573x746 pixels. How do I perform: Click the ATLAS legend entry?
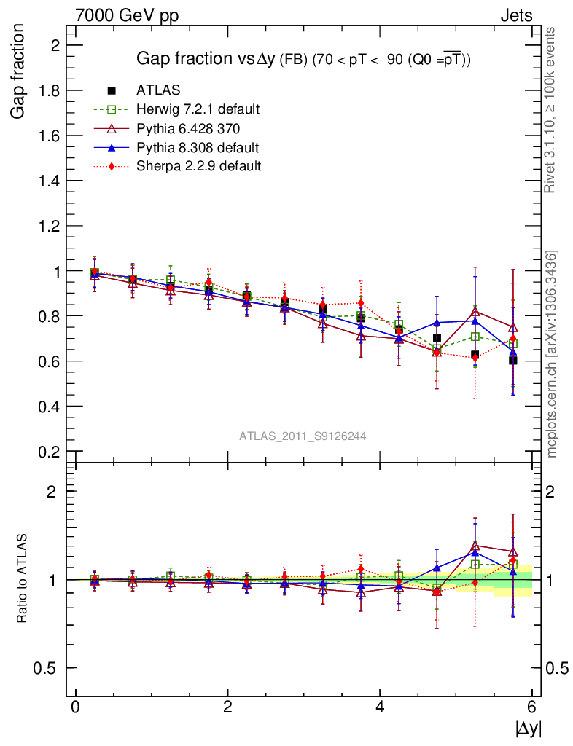(158, 90)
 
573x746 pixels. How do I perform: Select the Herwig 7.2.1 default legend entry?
(198, 109)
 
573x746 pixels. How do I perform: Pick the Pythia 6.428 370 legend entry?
(189, 128)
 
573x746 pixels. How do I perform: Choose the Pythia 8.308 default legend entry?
(198, 147)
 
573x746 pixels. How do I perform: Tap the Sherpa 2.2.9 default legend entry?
(198, 166)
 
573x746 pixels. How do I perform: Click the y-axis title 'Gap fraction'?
(20, 71)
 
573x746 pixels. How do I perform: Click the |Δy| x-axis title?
(528, 728)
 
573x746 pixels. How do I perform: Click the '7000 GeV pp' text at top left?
(127, 15)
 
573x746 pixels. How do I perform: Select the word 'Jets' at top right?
(515, 15)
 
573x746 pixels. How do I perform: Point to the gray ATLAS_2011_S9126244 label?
(303, 436)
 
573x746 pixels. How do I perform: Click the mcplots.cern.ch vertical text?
(552, 354)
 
